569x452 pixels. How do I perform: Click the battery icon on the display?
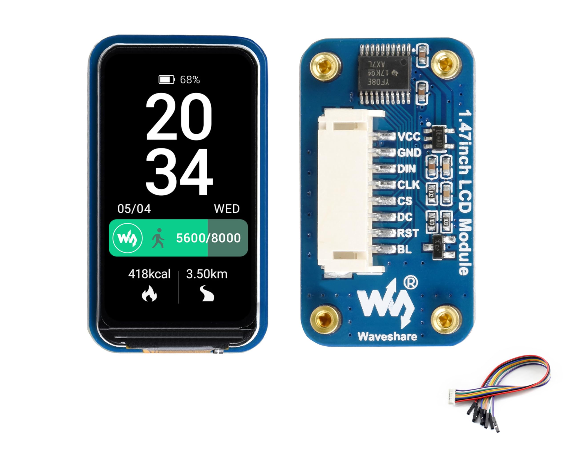166,79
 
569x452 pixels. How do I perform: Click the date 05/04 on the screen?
134,209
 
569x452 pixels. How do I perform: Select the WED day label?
227,209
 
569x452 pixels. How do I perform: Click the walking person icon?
158,238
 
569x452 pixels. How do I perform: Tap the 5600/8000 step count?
208,238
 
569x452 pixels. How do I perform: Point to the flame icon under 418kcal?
149,293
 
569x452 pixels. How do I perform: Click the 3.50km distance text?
207,274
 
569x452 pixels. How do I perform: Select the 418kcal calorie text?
149,274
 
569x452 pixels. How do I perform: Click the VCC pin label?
409,137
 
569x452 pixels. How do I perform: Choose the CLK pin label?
408,185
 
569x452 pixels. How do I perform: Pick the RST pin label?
408,233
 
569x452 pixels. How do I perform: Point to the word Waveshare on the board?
387,337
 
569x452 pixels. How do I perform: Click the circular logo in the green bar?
128,238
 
